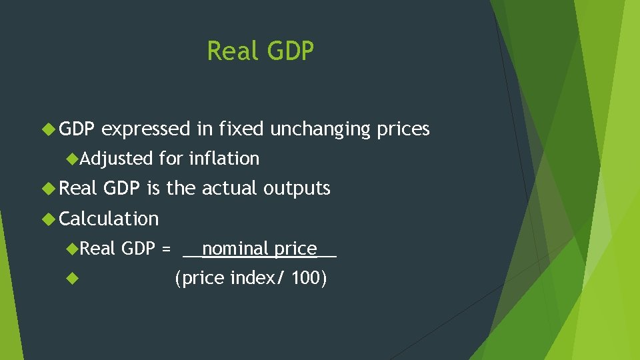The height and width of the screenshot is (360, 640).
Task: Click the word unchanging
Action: [x=319, y=129]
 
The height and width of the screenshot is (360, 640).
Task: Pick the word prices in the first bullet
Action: [x=403, y=129]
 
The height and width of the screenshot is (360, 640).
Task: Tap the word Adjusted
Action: [x=117, y=159]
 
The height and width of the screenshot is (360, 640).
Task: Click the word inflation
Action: [x=224, y=159]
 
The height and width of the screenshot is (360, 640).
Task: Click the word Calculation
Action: [x=109, y=219]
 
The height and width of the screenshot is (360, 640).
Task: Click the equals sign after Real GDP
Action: [x=166, y=249]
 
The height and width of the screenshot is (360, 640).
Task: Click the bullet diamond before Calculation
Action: [x=48, y=219]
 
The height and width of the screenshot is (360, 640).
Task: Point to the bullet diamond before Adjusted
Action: [x=73, y=159]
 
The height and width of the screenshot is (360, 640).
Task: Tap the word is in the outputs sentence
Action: [x=153, y=189]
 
